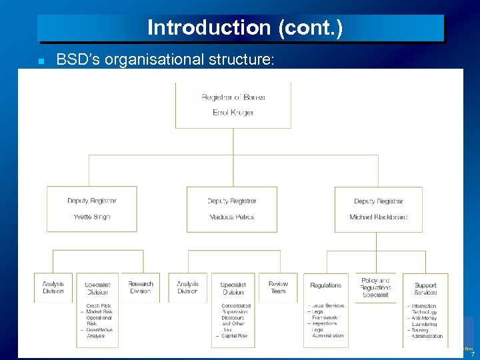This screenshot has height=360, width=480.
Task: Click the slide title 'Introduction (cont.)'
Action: [x=244, y=27]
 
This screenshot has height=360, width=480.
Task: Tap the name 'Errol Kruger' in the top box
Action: [x=233, y=113]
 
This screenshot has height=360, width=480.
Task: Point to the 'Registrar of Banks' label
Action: [x=233, y=97]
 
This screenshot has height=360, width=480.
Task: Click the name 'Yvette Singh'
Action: [x=91, y=217]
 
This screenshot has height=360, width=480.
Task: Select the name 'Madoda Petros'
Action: [x=231, y=217]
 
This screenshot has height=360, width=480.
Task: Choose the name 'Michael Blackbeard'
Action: [x=378, y=217]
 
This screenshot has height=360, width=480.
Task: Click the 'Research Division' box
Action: [x=140, y=287]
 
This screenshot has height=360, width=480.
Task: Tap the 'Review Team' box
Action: [x=278, y=287]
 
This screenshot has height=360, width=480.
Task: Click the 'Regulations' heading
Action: [x=325, y=285]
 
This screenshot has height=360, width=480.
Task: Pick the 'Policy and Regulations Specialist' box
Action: [x=375, y=287]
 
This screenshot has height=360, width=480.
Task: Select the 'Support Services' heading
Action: [x=425, y=289]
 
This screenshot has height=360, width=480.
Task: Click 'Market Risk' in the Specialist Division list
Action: [x=99, y=312]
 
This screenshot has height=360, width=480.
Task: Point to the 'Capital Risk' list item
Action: [x=234, y=336]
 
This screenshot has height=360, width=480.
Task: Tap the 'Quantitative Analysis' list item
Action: [x=99, y=333]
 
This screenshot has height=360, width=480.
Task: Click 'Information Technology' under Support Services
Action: [x=424, y=309]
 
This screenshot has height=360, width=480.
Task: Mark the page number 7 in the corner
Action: [x=472, y=354]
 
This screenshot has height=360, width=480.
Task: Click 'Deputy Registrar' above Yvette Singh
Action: [x=91, y=201]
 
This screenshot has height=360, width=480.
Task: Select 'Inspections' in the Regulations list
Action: [x=325, y=323]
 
